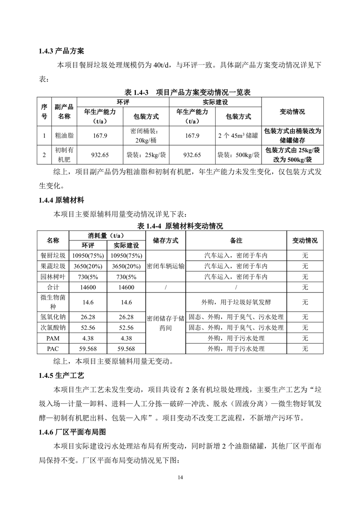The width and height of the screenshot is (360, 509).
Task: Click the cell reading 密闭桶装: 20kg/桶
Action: click(x=146, y=135)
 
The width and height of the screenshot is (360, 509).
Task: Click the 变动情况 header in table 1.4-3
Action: click(x=292, y=112)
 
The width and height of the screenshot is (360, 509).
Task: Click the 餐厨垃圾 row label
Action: click(x=53, y=255)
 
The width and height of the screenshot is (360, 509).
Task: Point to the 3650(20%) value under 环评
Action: click(x=88, y=266)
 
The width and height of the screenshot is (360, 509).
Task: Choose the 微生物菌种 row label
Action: click(x=53, y=302)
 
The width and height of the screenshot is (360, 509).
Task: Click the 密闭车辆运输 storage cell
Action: click(x=166, y=266)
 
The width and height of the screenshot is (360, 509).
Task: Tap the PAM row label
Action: click(x=53, y=338)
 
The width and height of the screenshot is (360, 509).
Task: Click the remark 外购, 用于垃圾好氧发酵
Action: click(x=236, y=302)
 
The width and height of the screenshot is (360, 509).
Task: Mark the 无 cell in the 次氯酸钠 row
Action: click(x=305, y=328)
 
